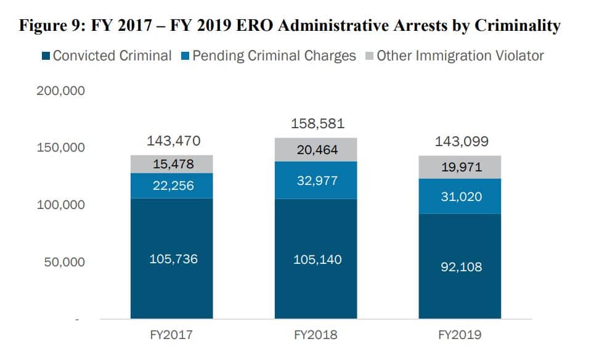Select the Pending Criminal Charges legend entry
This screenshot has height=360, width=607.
[269, 55]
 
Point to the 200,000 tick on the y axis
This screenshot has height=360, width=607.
[61, 91]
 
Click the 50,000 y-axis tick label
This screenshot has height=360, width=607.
[64, 262]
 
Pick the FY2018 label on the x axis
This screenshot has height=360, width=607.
[316, 335]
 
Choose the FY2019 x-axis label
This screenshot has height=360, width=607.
[459, 335]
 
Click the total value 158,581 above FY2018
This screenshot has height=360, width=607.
[316, 125]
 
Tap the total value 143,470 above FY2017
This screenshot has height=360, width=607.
[173, 141]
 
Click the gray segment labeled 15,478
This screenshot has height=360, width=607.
[172, 164]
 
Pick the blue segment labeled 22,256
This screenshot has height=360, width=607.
[172, 186]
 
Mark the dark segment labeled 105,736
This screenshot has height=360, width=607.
[172, 258]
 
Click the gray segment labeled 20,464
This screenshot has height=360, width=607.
[316, 150]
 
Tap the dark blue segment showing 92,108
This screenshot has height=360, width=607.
[459, 266]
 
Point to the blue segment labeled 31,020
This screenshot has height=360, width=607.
[459, 197]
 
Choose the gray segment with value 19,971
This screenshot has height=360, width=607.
[459, 167]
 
